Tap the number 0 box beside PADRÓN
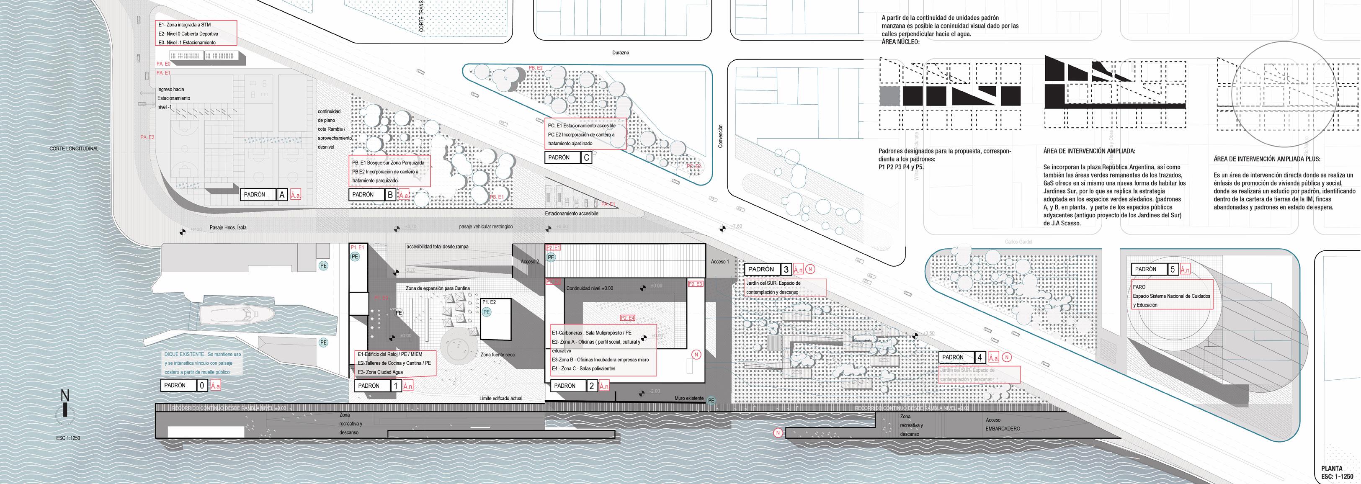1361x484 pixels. coord(202,386)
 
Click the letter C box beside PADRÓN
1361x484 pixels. coord(586,157)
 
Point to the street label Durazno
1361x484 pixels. coord(620,53)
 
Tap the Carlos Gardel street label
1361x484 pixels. coord(1018,242)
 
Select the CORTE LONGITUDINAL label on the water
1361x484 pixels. coord(74,149)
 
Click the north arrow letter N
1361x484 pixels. coord(65,396)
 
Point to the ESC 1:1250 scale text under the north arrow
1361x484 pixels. coord(68,438)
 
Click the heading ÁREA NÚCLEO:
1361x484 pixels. coord(900,42)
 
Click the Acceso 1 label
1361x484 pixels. coord(719,262)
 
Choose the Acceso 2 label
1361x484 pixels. coord(530,262)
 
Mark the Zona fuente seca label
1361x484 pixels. coord(497,355)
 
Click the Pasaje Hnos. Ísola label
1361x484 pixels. coord(228,228)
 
